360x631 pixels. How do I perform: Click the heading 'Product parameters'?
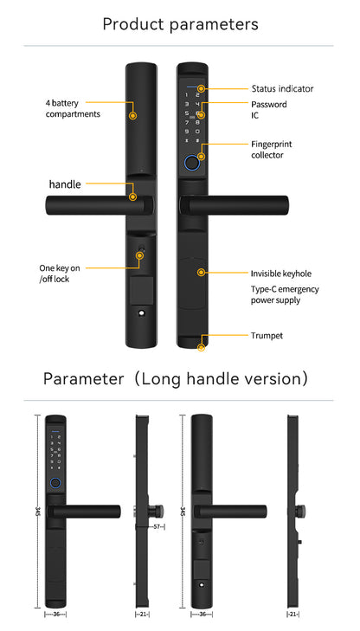(180, 23)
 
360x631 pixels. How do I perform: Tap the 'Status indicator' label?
(282, 88)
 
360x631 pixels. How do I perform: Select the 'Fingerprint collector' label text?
(267, 149)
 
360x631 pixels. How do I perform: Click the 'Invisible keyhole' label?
(281, 272)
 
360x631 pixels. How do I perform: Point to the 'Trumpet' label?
(266, 335)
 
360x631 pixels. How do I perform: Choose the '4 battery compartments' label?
(73, 108)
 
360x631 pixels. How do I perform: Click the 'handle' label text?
(65, 184)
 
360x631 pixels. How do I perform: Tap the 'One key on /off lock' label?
(60, 274)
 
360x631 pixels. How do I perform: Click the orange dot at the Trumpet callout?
(202, 347)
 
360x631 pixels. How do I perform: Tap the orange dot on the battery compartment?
(132, 114)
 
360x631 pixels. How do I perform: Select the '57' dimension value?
(157, 525)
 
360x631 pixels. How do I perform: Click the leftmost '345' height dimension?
(38, 512)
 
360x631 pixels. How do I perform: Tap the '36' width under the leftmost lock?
(56, 615)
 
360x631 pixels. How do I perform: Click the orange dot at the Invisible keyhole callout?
(201, 272)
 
